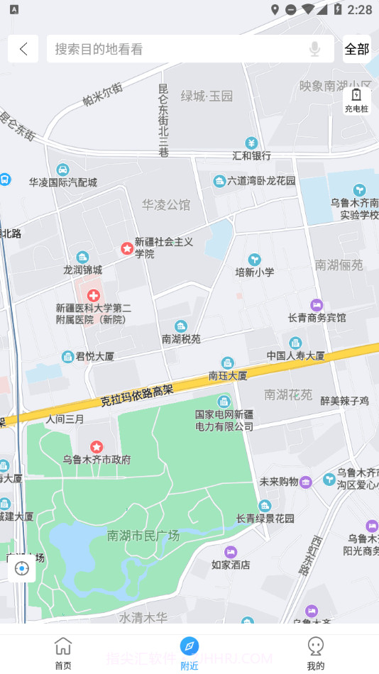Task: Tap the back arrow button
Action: pos(23,49)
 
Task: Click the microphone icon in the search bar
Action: pos(314,49)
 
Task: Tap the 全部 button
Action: pos(356,49)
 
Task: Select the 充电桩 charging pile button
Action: pos(356,100)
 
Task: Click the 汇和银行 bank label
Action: pos(251,155)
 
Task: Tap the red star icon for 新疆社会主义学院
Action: pos(126,248)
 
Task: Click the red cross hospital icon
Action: pos(93,295)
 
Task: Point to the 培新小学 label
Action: pos(254,272)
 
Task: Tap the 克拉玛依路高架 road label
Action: pos(137,394)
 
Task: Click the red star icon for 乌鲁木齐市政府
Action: pos(97,447)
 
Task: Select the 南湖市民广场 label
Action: pos(143,535)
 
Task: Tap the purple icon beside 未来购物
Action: pos(305,482)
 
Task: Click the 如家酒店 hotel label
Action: pos(231,565)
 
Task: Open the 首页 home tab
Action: pos(63,653)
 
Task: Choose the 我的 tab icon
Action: pos(316,646)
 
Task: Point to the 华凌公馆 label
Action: pos(166,205)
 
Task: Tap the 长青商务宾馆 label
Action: pos(317,317)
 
